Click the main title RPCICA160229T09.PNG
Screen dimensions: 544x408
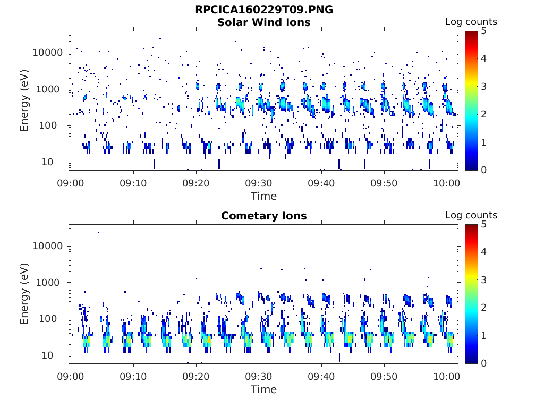tap(264, 10)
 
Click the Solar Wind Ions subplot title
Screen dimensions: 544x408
tap(264, 22)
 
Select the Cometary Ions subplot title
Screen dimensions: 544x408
tap(264, 216)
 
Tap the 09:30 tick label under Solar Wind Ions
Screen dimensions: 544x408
tap(259, 183)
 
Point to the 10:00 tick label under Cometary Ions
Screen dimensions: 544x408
tap(447, 377)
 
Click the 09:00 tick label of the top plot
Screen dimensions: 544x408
tap(71, 183)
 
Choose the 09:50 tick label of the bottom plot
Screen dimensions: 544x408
tap(384, 377)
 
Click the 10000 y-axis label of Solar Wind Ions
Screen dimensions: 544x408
tap(48, 53)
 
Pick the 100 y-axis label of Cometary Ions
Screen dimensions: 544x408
tap(48, 319)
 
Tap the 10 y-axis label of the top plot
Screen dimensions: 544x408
tap(47, 162)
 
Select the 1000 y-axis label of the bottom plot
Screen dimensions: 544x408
tap(48, 283)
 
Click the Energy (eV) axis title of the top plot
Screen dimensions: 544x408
tap(24, 100)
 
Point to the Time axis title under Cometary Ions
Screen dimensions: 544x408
tap(264, 389)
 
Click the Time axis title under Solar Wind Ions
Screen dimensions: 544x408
tap(264, 197)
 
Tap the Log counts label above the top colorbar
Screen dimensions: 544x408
tap(471, 22)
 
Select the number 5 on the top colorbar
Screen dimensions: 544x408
tap(484, 31)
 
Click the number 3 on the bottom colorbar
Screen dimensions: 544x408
tap(484, 280)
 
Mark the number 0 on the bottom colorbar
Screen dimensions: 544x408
tap(484, 363)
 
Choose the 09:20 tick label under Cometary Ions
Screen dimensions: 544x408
tap(196, 377)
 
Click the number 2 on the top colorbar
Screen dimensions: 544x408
tap(484, 114)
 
